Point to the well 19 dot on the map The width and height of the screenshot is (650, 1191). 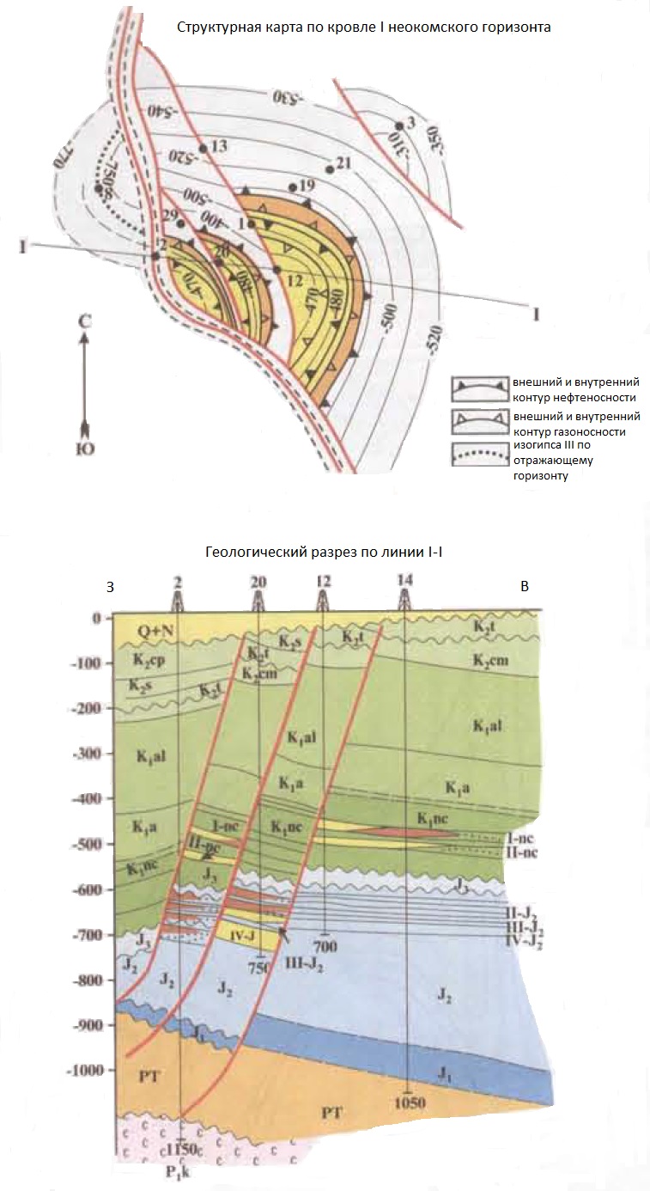[293, 186]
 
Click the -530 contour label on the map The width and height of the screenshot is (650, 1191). [289, 95]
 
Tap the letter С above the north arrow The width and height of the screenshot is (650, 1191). [84, 321]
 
